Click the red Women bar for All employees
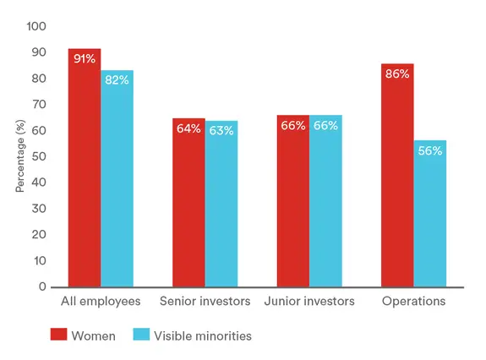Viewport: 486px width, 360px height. pos(85,169)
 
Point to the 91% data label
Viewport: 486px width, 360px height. pos(85,58)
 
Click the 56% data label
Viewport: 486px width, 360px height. pos(429,150)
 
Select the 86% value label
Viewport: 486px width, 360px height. pos(397,74)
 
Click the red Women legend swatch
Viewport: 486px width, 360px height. pos(59,335)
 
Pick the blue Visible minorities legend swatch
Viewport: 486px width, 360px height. pos(141,335)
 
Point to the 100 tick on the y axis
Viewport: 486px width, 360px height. pos(36,26)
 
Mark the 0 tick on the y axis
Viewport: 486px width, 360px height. pos(42,287)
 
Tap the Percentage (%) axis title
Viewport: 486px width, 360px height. pos(19,156)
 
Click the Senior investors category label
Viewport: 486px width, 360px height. pos(205,302)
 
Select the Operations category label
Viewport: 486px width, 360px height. pos(413,302)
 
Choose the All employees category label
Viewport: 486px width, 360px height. pos(101,302)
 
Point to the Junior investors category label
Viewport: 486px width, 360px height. pos(309,302)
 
